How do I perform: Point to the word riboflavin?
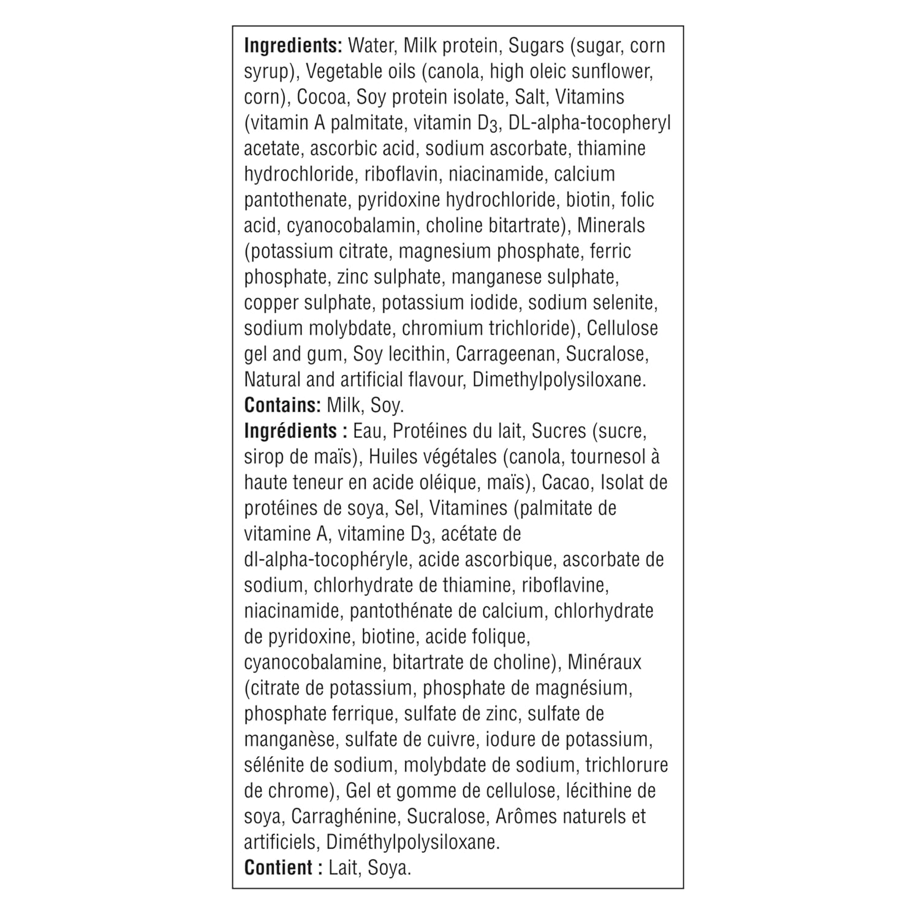point(401,175)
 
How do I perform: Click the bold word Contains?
point(282,406)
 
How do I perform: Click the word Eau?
point(368,431)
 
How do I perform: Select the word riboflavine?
point(564,586)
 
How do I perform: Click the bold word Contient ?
point(283,868)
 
